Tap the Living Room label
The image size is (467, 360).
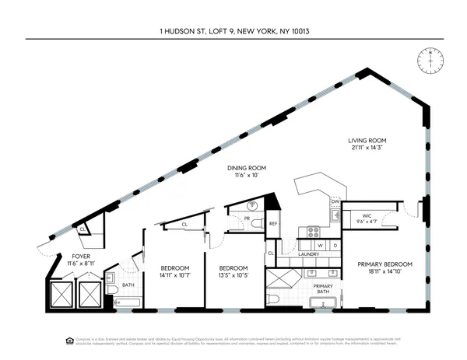pos(367,141)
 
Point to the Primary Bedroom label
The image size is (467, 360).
pos(384,264)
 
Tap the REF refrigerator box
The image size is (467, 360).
pos(273,224)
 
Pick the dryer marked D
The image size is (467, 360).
pos(335,245)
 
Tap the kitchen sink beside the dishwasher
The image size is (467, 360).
pos(333,218)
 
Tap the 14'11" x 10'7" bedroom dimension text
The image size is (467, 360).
pos(170,274)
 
